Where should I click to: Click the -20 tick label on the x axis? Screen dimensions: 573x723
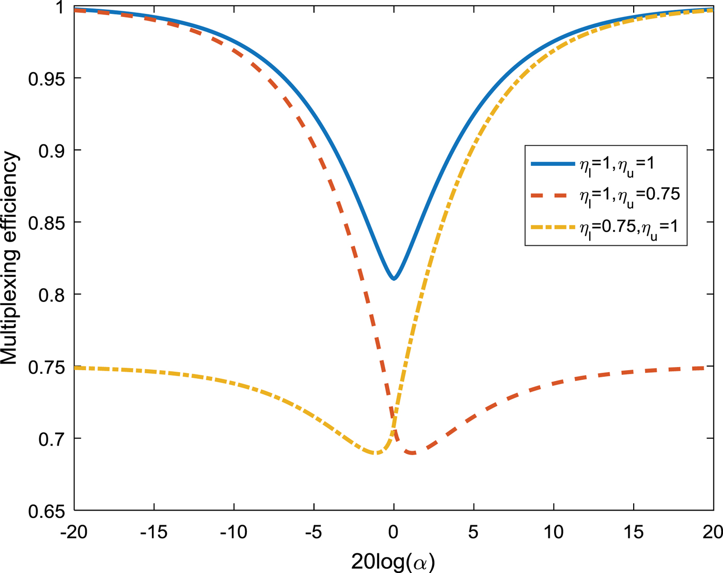(x=74, y=532)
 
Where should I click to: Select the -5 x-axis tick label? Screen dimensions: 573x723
(x=313, y=532)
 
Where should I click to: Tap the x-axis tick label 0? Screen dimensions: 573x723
(x=394, y=532)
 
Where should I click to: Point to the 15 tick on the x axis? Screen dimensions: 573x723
(x=633, y=532)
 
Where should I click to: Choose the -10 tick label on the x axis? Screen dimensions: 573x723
(x=234, y=532)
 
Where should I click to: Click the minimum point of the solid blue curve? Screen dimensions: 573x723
(x=394, y=279)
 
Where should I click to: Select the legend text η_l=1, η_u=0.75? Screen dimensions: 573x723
(x=630, y=196)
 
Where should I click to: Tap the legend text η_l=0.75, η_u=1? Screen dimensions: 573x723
(x=630, y=228)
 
